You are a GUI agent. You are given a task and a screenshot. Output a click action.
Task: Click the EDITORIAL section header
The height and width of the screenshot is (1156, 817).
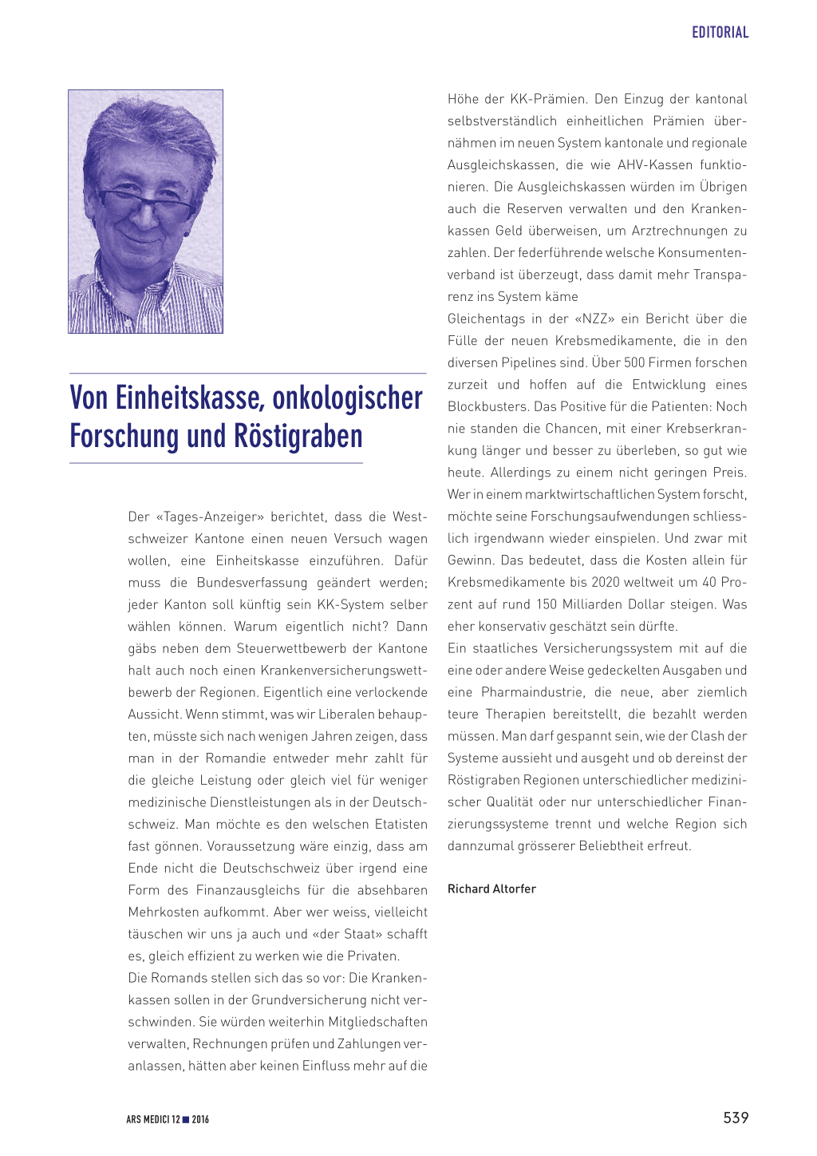(720, 33)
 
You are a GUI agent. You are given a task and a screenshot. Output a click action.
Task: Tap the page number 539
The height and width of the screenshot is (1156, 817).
(736, 1118)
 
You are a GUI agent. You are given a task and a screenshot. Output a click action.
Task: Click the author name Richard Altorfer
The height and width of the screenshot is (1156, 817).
(491, 889)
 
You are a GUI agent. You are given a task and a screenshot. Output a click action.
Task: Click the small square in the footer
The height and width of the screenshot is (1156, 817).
(186, 1119)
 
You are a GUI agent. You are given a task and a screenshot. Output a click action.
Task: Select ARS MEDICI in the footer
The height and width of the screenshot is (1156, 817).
(148, 1119)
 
